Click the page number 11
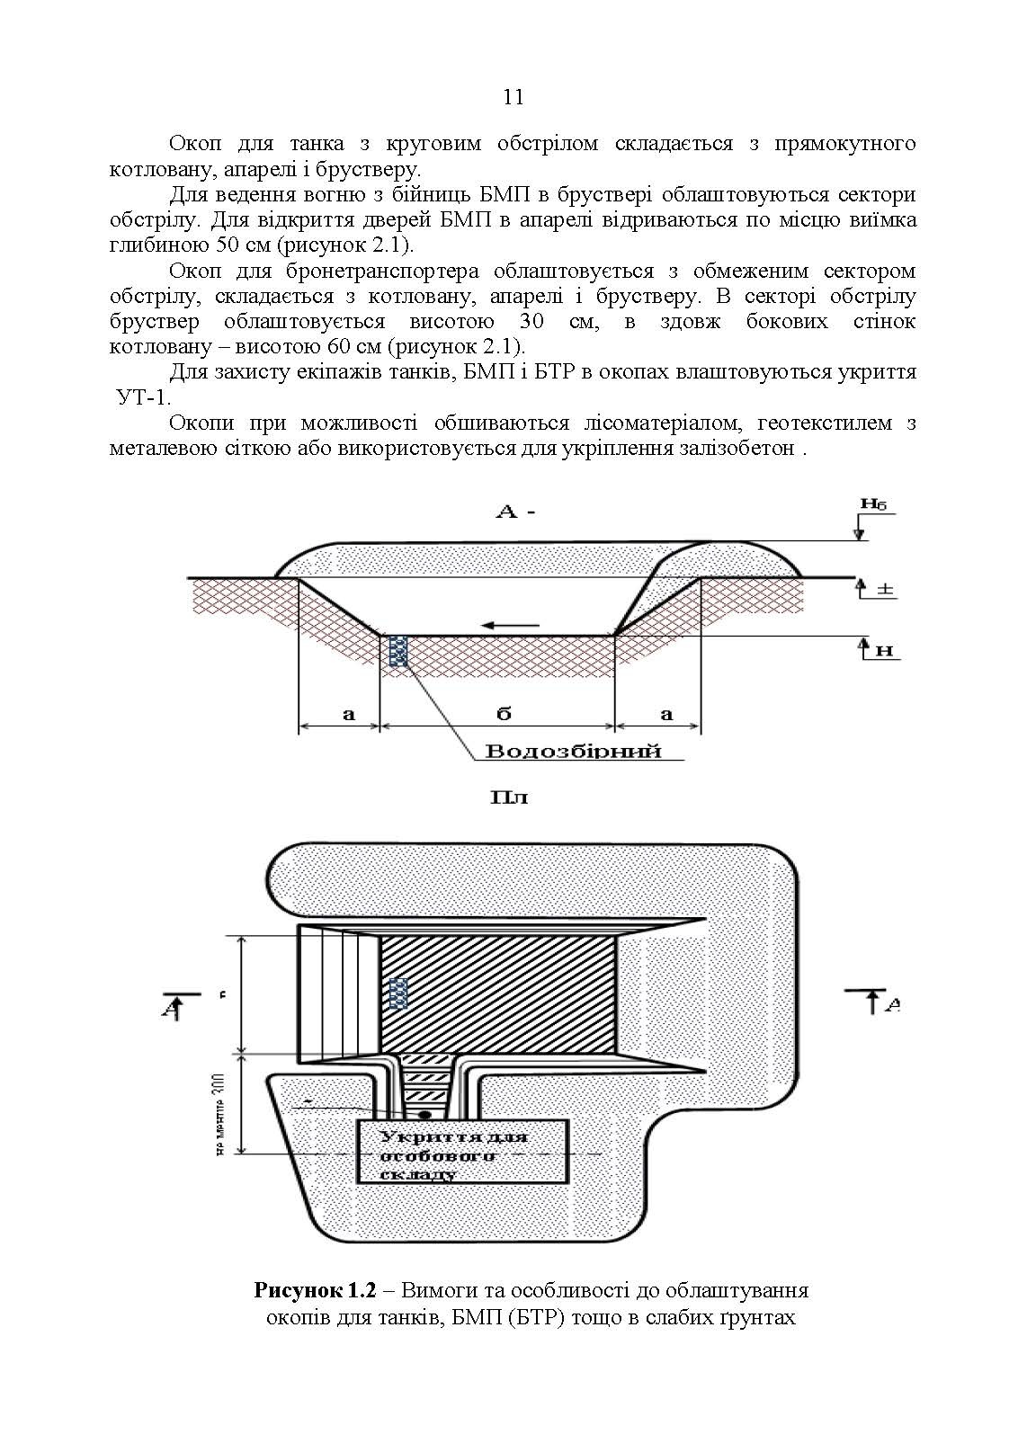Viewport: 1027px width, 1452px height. (x=513, y=97)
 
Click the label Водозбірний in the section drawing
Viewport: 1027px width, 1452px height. (x=574, y=751)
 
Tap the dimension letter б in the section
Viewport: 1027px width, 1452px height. (x=504, y=714)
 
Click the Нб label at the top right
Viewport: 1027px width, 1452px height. (x=871, y=504)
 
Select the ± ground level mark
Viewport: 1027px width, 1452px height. (x=885, y=590)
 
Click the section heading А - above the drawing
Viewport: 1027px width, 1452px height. (x=515, y=512)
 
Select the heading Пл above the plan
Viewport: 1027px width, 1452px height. (x=509, y=797)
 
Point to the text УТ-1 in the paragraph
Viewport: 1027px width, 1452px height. (x=143, y=397)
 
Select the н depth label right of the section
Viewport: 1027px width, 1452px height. (x=885, y=650)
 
